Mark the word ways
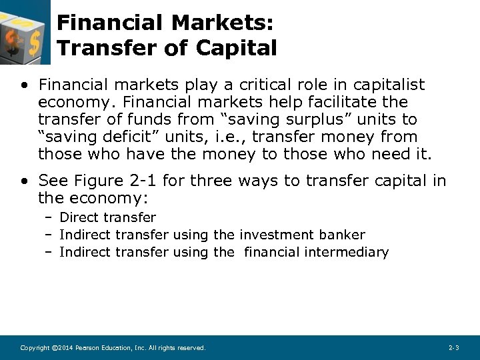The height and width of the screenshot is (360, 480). pyautogui.click(x=265, y=181)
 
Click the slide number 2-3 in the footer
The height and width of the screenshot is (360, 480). pyautogui.click(x=454, y=348)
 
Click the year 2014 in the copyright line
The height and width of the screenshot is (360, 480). pyautogui.click(x=64, y=348)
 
